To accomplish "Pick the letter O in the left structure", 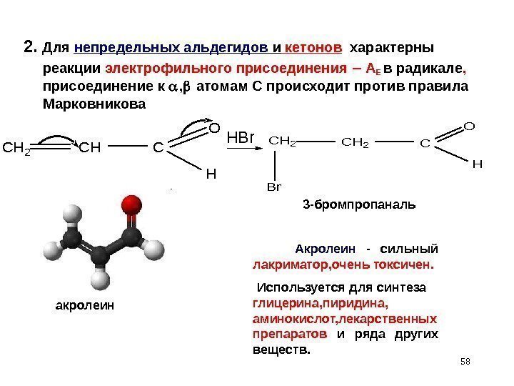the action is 213,129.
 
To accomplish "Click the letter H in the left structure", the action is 211,174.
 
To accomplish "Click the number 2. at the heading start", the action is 29,48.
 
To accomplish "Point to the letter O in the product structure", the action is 468,127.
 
